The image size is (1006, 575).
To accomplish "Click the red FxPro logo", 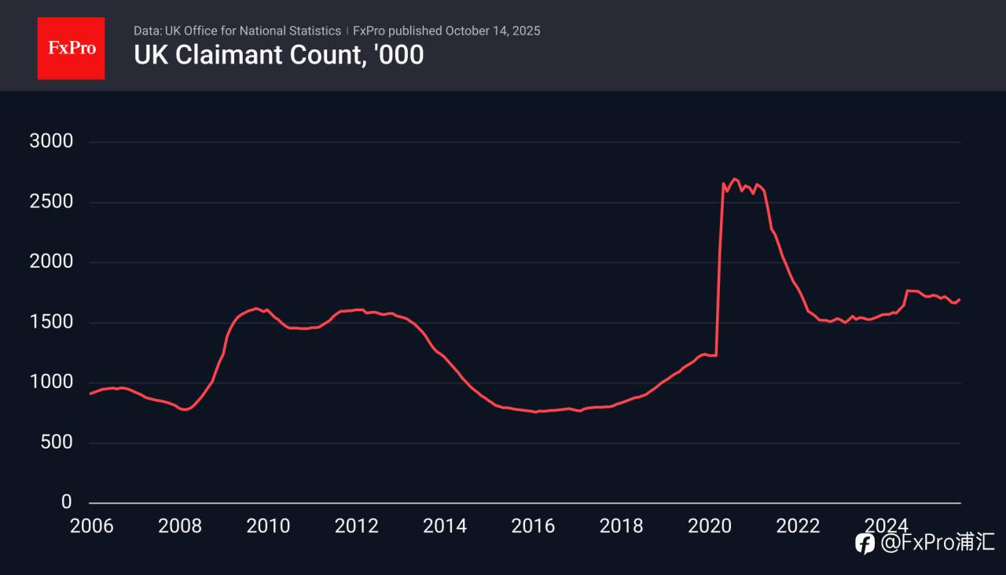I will point(71,48).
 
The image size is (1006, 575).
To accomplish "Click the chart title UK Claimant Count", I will point(278,55).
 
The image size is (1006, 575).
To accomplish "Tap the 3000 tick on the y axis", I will point(51,142).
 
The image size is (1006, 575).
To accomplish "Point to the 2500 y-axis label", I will point(51,202).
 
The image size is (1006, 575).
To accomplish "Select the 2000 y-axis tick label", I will point(51,262).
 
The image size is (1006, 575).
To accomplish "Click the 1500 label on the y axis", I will point(51,322).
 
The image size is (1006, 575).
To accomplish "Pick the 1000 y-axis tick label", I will point(51,383).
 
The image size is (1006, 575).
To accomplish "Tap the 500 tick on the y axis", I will point(57,442).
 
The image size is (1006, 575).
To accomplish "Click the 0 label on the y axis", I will point(67,502).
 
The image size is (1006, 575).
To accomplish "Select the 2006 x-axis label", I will point(91,526).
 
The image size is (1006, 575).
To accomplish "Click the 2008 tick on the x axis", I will point(179,526).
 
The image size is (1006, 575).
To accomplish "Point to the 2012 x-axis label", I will point(356,526).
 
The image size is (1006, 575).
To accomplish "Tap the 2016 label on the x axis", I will point(533,526).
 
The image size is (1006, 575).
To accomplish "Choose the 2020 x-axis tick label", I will point(710,526).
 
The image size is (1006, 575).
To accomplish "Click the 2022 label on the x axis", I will point(798,526).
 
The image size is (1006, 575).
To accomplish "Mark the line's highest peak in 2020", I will point(735,178).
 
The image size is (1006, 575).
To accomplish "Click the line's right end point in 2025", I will point(960,299).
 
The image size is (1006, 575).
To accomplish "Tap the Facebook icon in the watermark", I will point(865,543).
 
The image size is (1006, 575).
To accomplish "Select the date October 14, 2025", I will point(493,31).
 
